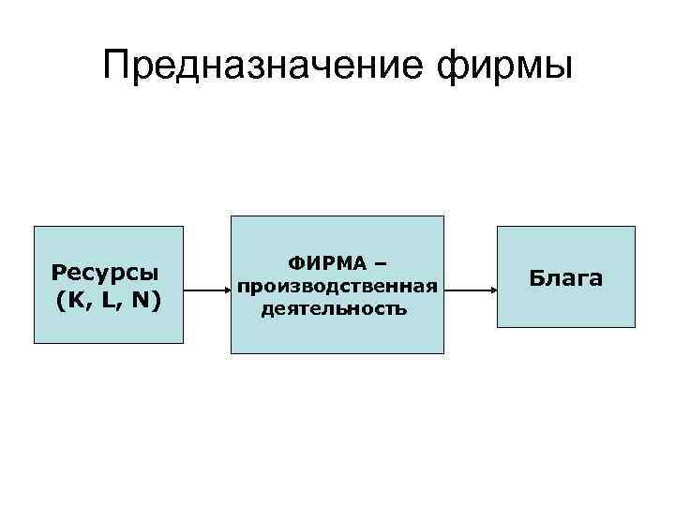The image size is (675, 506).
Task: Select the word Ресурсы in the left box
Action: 105,272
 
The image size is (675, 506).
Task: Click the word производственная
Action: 337,286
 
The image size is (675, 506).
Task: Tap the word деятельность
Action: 335,307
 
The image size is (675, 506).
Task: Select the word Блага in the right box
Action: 565,277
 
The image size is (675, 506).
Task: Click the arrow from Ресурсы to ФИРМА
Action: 206,289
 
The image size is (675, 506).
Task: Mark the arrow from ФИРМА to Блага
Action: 470,289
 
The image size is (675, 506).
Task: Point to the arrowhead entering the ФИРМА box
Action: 226,289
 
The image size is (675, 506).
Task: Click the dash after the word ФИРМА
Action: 381,265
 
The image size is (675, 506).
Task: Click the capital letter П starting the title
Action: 118,67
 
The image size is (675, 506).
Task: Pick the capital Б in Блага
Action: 537,277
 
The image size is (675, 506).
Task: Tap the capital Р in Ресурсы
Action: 58,272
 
